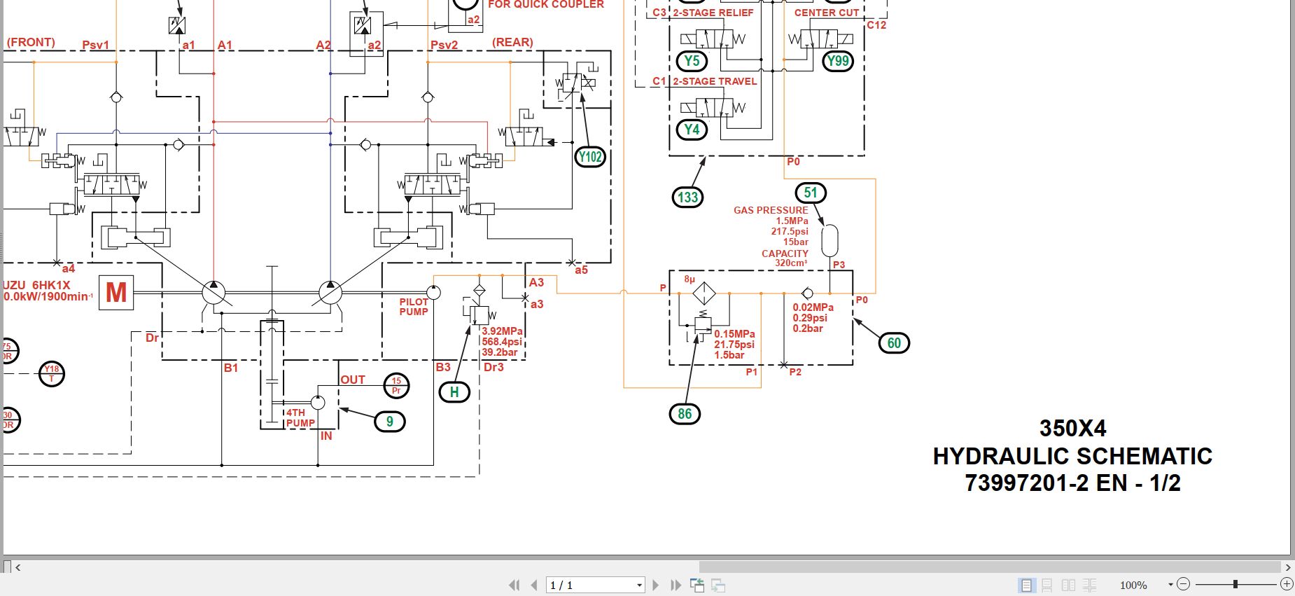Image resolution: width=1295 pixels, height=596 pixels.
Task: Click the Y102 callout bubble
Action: click(x=590, y=157)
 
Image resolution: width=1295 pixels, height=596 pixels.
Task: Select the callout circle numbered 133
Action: click(x=687, y=197)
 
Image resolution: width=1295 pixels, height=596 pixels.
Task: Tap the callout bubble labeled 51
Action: click(x=811, y=193)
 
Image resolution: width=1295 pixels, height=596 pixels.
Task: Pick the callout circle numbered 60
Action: click(x=894, y=343)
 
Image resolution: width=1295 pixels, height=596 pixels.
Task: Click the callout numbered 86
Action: click(x=685, y=414)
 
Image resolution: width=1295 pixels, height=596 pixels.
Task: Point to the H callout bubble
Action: click(x=454, y=392)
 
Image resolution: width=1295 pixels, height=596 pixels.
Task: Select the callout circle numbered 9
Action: click(x=390, y=422)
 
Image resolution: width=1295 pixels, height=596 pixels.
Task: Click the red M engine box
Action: click(x=116, y=292)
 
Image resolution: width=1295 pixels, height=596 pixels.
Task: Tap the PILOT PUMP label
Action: click(x=414, y=307)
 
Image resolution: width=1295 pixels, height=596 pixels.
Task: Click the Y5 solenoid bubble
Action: click(x=692, y=61)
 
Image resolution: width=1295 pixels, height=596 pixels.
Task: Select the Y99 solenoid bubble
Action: click(x=837, y=61)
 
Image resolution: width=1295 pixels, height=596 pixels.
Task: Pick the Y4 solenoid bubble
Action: click(x=692, y=130)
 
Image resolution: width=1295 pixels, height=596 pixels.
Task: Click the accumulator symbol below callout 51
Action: click(x=829, y=241)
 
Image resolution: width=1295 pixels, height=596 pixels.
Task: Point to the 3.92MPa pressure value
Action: click(x=502, y=331)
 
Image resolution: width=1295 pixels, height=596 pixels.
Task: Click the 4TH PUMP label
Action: click(x=300, y=417)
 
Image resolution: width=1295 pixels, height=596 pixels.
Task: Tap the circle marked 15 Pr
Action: click(x=396, y=385)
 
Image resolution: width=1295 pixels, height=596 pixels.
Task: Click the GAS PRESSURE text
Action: click(x=771, y=210)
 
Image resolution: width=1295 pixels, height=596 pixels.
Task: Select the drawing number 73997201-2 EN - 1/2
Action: click(x=1072, y=483)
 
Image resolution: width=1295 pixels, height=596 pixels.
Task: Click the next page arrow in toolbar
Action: click(x=656, y=585)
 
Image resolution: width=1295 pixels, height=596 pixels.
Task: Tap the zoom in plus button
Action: click(x=1287, y=584)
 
